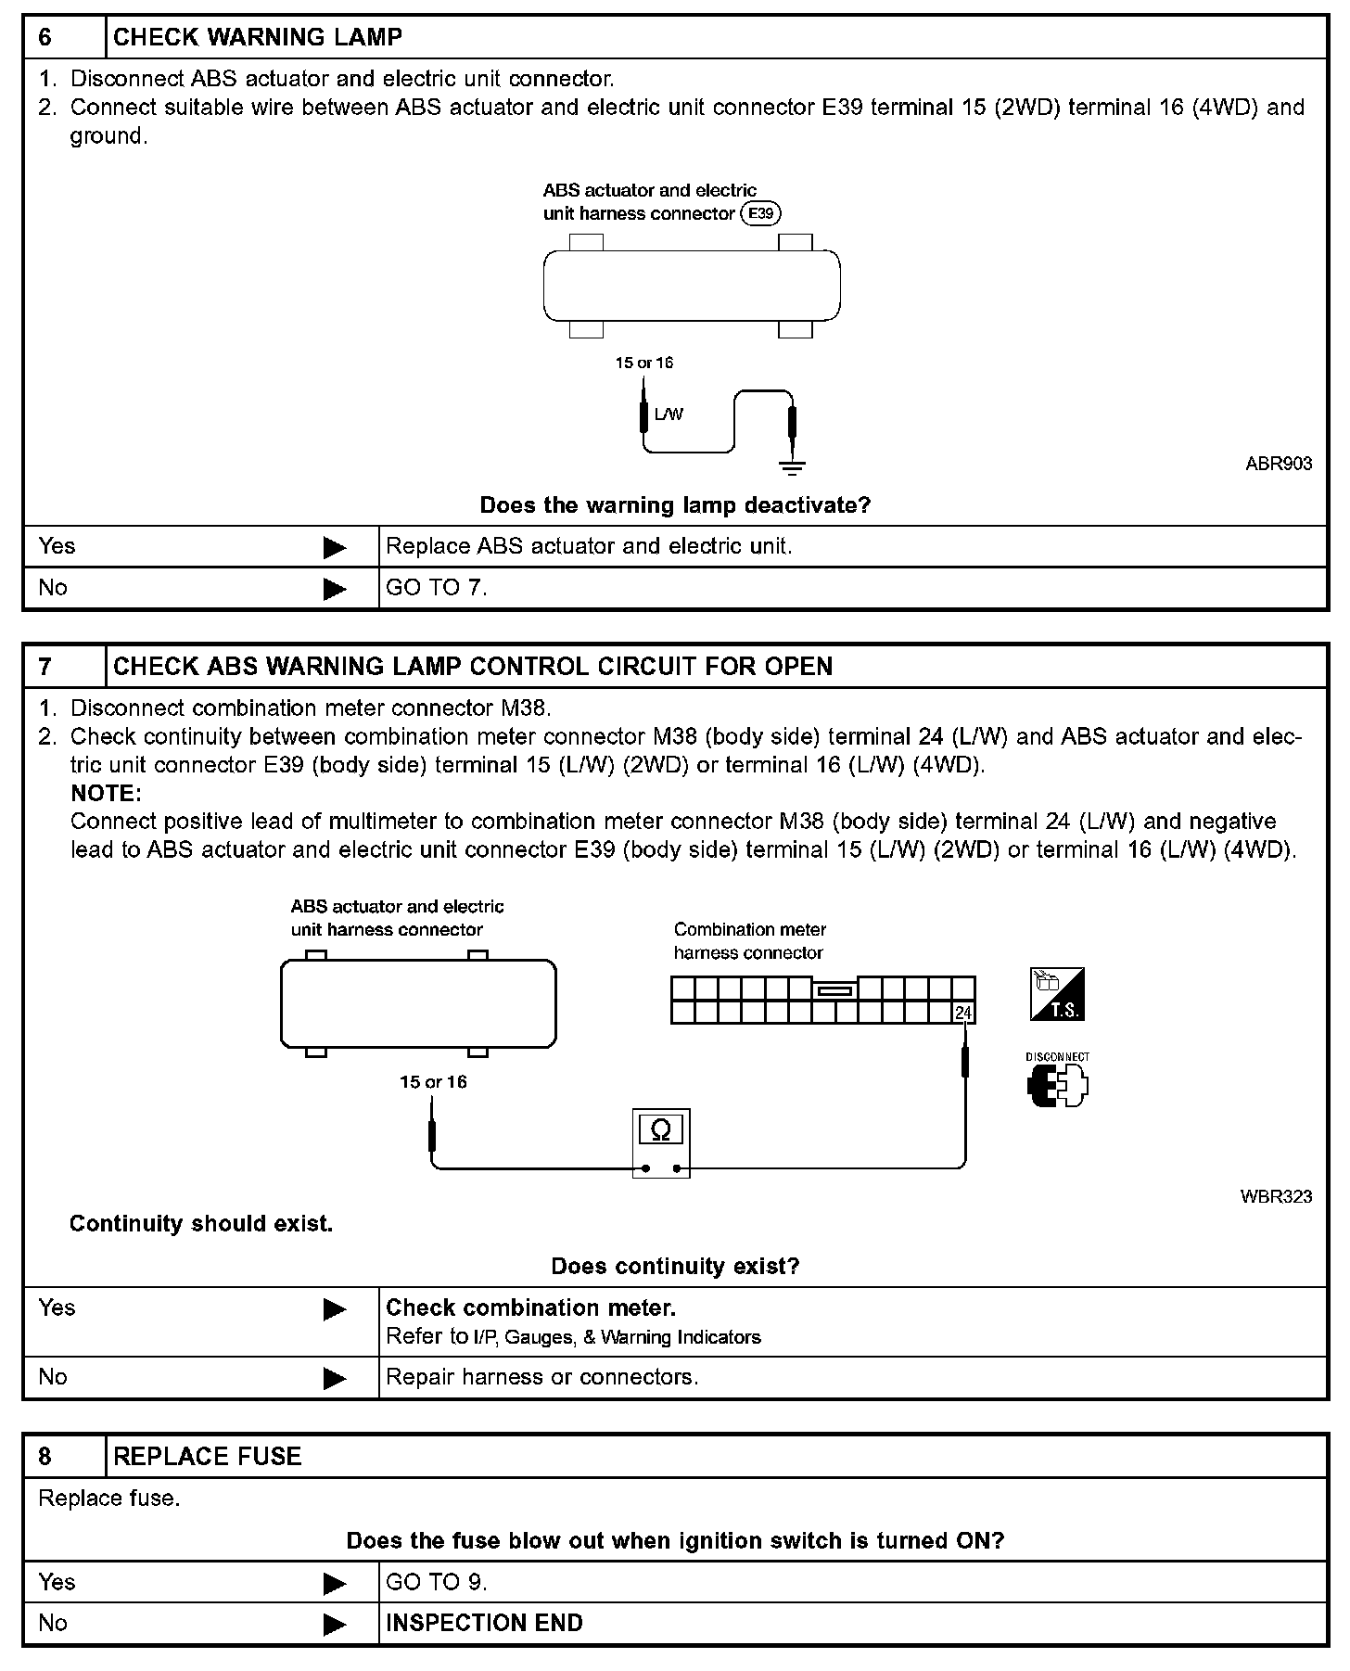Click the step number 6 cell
pos(63,37)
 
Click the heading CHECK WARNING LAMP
pos(257,37)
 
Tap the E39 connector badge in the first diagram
pos(760,214)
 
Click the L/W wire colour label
pos(669,415)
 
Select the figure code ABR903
pos(1279,464)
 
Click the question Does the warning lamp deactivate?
pos(675,505)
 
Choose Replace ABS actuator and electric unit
pos(589,546)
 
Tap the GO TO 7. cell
pos(436,588)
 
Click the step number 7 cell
pos(63,667)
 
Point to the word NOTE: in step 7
pos(106,794)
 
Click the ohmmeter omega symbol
pos(660,1129)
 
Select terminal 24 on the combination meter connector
pos(963,1013)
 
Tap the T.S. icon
pos(1057,995)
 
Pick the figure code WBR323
pos(1276,1197)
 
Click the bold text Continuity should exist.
pos(201,1224)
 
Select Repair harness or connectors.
pos(541,1377)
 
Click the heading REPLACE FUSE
pos(207,1457)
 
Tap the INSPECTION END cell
pos(484,1624)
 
